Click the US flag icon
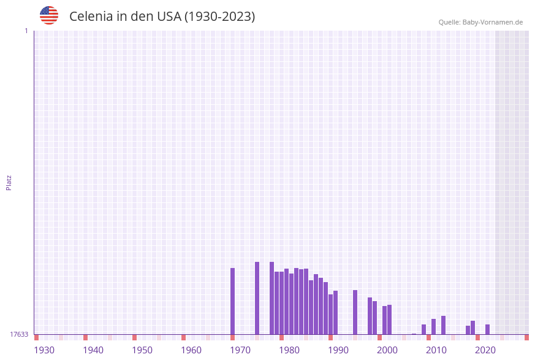tap(49, 15)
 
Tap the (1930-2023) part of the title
tap(219, 17)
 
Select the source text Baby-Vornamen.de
tap(492, 22)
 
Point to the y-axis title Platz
tap(9, 183)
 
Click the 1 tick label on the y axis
tap(26, 31)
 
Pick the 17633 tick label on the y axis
tap(19, 334)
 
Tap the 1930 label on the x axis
tap(44, 350)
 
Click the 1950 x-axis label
tap(142, 350)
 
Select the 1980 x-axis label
tap(289, 350)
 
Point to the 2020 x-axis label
tap(485, 350)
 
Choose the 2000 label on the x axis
tap(387, 350)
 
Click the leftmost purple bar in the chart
tap(233, 301)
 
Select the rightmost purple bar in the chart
tap(488, 329)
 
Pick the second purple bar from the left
tap(257, 298)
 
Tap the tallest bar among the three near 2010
tap(444, 325)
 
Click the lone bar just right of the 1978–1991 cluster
tap(355, 312)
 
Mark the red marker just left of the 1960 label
tap(183, 337)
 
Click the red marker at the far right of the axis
tap(526, 337)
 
